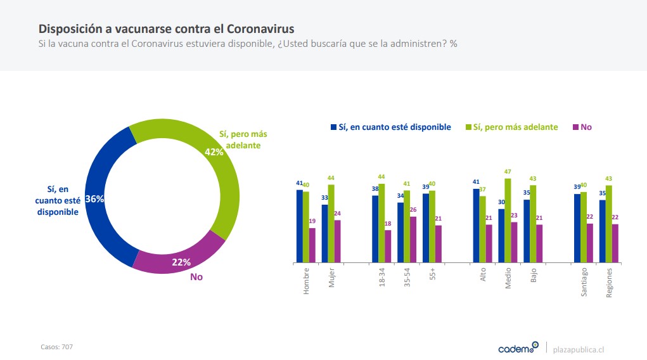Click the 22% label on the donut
pyautogui.click(x=181, y=262)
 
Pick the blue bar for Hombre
pyautogui.click(x=300, y=226)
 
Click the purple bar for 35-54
pyautogui.click(x=413, y=240)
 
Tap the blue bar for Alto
pyautogui.click(x=476, y=226)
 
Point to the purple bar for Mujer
pyautogui.click(x=338, y=241)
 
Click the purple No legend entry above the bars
pyautogui.click(x=582, y=127)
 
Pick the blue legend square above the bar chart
pyautogui.click(x=333, y=127)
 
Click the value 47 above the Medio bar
pyautogui.click(x=508, y=172)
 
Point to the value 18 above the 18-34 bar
pyautogui.click(x=388, y=224)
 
